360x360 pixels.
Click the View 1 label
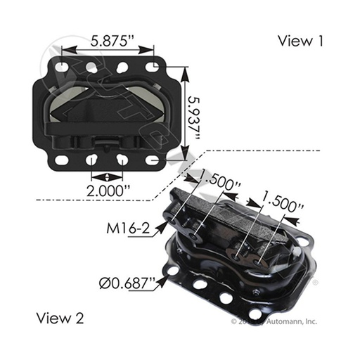(x=300, y=41)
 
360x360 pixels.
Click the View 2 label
(x=59, y=318)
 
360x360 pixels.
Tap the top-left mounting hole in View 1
(x=65, y=67)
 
